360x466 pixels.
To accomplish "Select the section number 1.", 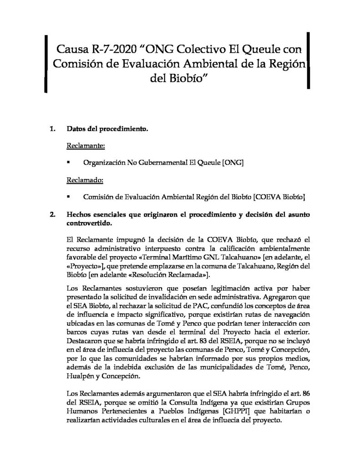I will pos(52,130).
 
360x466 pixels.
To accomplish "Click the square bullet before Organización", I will pos(68,162).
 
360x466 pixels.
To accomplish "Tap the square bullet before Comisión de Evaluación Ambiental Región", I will pos(68,197).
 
